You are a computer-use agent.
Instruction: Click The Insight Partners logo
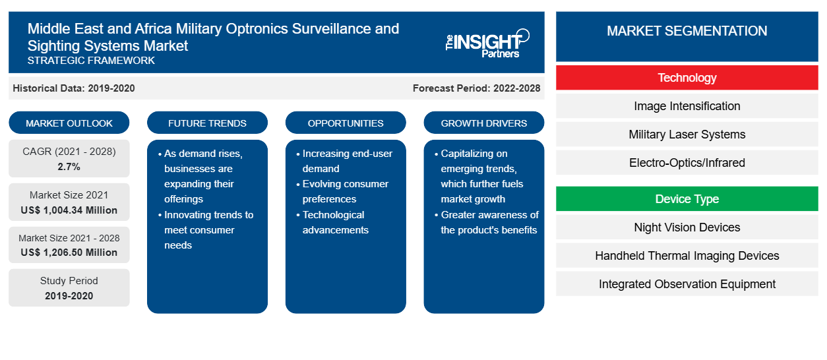(487, 44)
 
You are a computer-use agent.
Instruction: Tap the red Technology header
(687, 78)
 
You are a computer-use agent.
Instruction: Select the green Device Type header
(687, 198)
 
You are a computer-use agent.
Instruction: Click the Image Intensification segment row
(687, 106)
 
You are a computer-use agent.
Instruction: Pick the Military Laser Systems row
(687, 135)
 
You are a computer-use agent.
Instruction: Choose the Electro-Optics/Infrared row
(687, 162)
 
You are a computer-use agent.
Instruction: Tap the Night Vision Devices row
(687, 227)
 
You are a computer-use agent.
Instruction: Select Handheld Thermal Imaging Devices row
(687, 256)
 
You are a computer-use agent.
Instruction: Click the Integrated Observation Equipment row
(687, 284)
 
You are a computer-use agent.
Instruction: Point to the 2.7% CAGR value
(69, 167)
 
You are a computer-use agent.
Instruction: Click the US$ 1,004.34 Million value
(69, 210)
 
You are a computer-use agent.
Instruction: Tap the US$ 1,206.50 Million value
(69, 253)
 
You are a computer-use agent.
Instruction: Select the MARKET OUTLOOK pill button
(69, 123)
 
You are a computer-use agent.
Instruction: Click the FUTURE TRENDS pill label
(207, 123)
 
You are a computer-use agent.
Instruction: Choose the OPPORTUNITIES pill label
(346, 123)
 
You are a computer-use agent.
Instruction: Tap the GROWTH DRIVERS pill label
(483, 123)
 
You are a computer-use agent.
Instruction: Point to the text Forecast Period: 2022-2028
(476, 88)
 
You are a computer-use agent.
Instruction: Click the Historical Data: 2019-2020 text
(74, 88)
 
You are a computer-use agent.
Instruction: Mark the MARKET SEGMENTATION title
(687, 30)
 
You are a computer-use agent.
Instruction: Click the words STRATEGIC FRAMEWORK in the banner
(91, 61)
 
